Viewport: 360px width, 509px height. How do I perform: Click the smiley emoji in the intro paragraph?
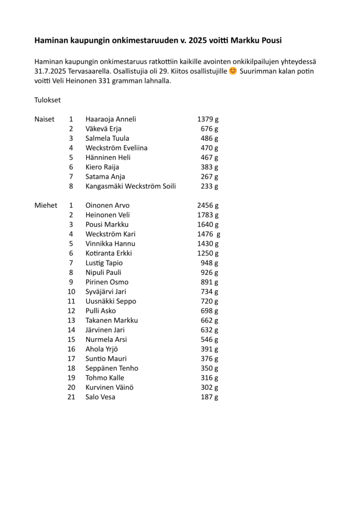(x=233, y=72)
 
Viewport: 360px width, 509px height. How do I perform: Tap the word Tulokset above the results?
(x=47, y=100)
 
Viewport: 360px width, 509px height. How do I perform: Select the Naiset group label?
(x=44, y=119)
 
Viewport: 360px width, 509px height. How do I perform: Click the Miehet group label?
(x=46, y=205)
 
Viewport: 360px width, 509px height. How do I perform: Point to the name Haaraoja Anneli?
(x=110, y=119)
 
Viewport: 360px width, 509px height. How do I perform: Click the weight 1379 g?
(x=208, y=119)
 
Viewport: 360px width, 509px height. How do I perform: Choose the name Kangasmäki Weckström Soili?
(x=130, y=186)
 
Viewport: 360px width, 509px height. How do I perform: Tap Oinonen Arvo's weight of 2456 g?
(x=208, y=205)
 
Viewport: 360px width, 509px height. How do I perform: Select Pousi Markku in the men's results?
(x=107, y=225)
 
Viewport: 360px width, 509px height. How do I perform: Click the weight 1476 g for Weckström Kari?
(x=208, y=234)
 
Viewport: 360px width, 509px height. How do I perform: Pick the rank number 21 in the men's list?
(x=71, y=397)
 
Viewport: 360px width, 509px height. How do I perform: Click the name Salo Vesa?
(x=100, y=397)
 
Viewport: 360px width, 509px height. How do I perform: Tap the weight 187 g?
(x=209, y=397)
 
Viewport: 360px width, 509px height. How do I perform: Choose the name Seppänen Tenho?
(x=112, y=368)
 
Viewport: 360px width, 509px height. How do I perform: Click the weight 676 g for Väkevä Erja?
(x=209, y=129)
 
